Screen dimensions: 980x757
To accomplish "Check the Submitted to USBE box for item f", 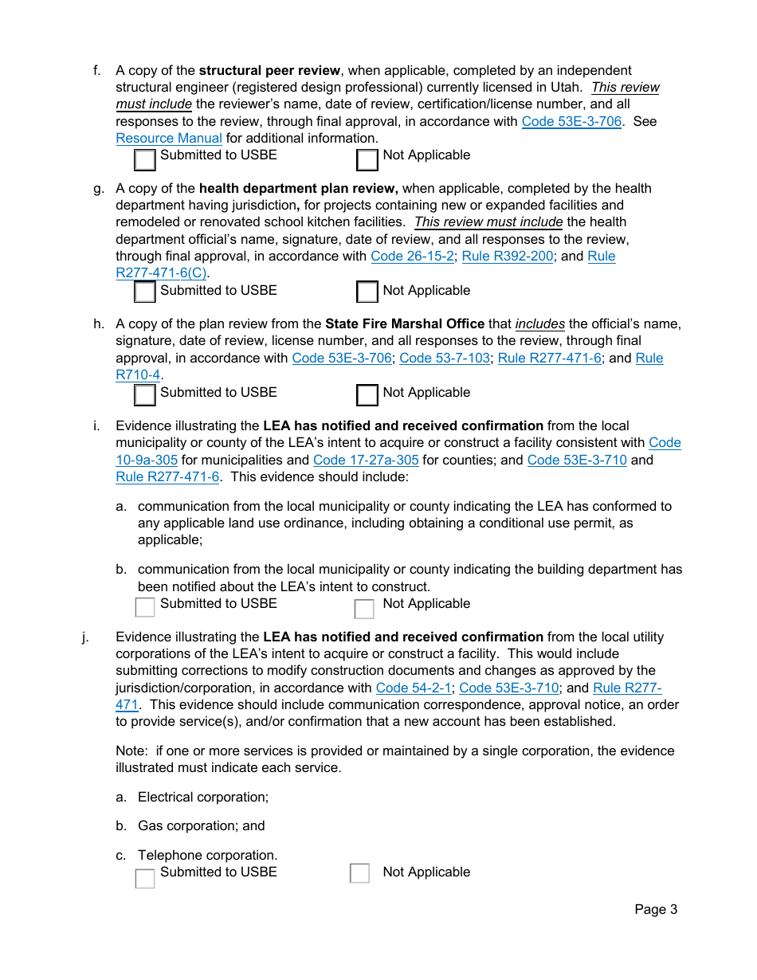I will [144, 160].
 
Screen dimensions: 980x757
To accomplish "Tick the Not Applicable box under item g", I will [367, 292].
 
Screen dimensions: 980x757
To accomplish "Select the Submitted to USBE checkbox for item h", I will [144, 395].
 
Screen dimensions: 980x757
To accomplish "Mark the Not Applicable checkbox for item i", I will [364, 609].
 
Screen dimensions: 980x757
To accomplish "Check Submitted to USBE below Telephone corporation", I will [144, 878].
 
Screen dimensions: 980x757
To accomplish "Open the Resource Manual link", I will [169, 138].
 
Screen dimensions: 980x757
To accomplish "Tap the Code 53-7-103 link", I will [445, 358].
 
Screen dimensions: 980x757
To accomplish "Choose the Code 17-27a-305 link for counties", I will [366, 460].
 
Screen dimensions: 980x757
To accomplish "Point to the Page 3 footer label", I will [655, 909].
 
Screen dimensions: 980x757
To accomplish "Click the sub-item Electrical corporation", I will [203, 797].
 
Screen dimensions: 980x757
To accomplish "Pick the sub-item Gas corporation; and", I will [201, 825].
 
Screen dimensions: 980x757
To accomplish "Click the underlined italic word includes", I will [540, 323].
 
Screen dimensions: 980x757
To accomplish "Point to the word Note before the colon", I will [131, 751].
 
